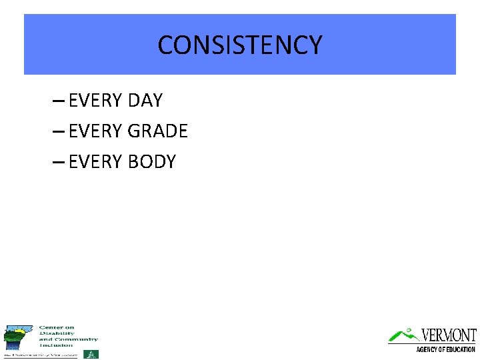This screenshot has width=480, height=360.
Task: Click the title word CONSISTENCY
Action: coord(240,45)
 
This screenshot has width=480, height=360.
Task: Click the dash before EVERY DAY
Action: coord(58,101)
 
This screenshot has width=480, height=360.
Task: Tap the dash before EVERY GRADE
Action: coord(58,132)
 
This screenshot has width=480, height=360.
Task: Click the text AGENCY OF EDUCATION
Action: coord(445,349)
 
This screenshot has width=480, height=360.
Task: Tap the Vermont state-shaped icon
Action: coord(18,337)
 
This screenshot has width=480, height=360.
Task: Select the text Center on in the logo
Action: coord(57,327)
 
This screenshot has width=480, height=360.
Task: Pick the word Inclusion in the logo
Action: coord(57,345)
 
